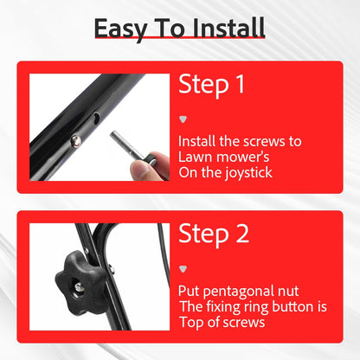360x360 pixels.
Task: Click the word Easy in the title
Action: click(x=121, y=29)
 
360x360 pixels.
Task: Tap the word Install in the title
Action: click(x=228, y=28)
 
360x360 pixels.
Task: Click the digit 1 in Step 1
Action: click(x=239, y=84)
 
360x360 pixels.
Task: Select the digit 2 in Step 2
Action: click(x=242, y=234)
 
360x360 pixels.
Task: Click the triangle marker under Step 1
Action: click(x=183, y=119)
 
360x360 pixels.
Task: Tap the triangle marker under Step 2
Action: click(x=183, y=269)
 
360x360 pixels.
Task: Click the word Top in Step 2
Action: click(x=192, y=322)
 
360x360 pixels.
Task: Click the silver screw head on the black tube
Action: click(x=76, y=140)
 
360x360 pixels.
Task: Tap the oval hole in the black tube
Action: click(x=96, y=119)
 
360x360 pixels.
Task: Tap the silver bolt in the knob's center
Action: click(x=78, y=286)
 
